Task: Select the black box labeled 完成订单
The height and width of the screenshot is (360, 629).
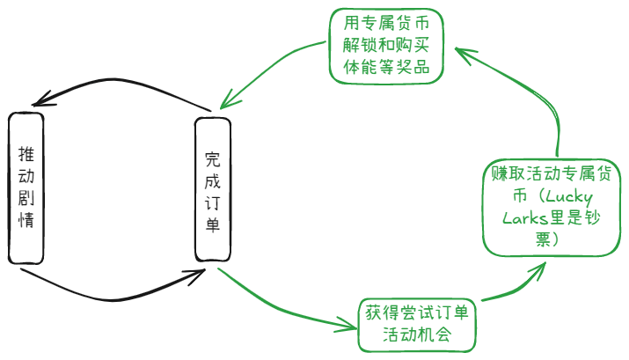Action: (x=212, y=190)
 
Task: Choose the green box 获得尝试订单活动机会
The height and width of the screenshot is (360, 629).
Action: (x=416, y=324)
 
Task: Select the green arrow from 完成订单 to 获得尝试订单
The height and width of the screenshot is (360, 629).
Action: (x=282, y=308)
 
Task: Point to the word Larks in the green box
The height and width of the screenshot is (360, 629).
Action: (x=525, y=218)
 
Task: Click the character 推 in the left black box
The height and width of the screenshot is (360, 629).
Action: (x=26, y=153)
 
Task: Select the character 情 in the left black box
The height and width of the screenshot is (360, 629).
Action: (x=26, y=219)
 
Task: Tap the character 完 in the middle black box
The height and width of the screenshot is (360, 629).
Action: (x=212, y=159)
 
